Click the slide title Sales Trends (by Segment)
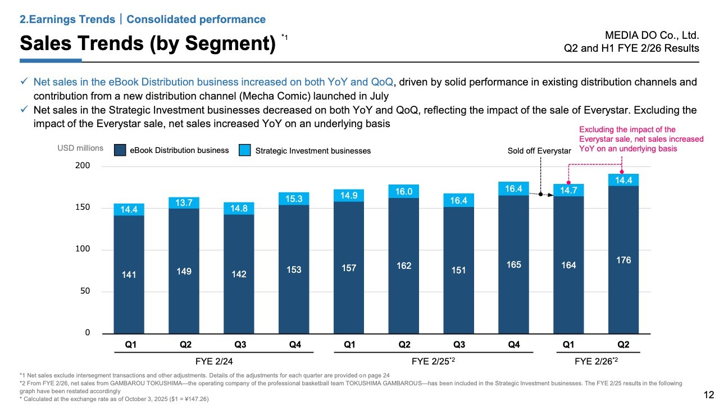(147, 43)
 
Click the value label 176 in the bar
(624, 260)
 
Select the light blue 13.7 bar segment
(184, 202)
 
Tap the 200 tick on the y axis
(83, 166)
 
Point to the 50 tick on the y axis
(85, 291)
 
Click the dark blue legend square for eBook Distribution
(120, 150)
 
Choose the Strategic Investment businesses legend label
(313, 151)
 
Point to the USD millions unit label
(80, 148)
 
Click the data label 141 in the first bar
(129, 274)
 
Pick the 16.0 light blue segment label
(404, 191)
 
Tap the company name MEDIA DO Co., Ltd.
(654, 35)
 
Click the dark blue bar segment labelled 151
(459, 270)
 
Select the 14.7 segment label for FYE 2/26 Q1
(568, 190)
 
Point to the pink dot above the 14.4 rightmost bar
(622, 172)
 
